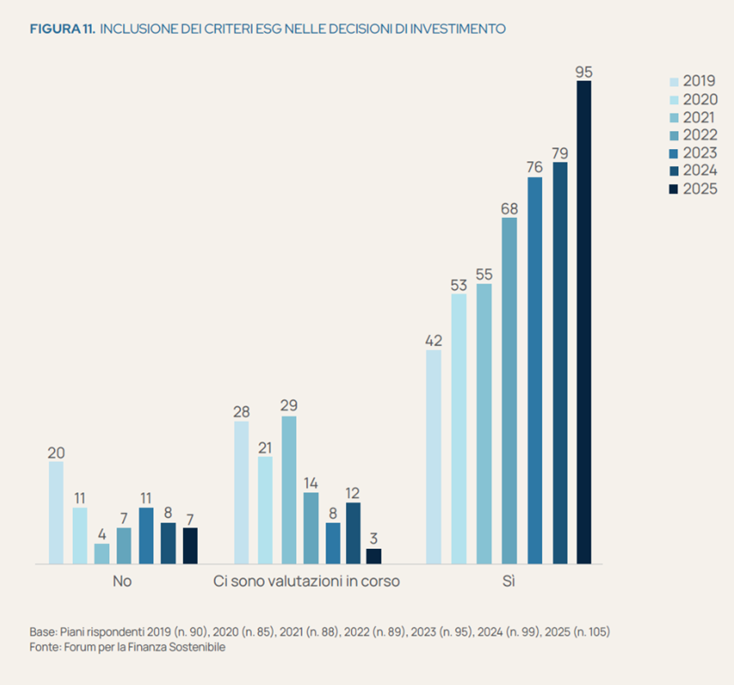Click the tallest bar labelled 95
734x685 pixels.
(584, 322)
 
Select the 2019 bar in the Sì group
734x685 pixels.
(434, 457)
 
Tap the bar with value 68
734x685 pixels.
(509, 391)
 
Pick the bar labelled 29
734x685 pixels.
(289, 490)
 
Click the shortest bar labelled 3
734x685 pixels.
(373, 556)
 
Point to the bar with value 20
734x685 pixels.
(56, 512)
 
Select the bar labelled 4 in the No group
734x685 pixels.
(102, 554)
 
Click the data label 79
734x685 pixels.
(560, 153)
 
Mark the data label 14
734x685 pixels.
(311, 483)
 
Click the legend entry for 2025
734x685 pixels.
(694, 189)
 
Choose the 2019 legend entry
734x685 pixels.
(694, 81)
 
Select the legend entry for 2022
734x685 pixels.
(694, 135)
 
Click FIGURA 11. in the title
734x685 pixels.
(62, 29)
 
